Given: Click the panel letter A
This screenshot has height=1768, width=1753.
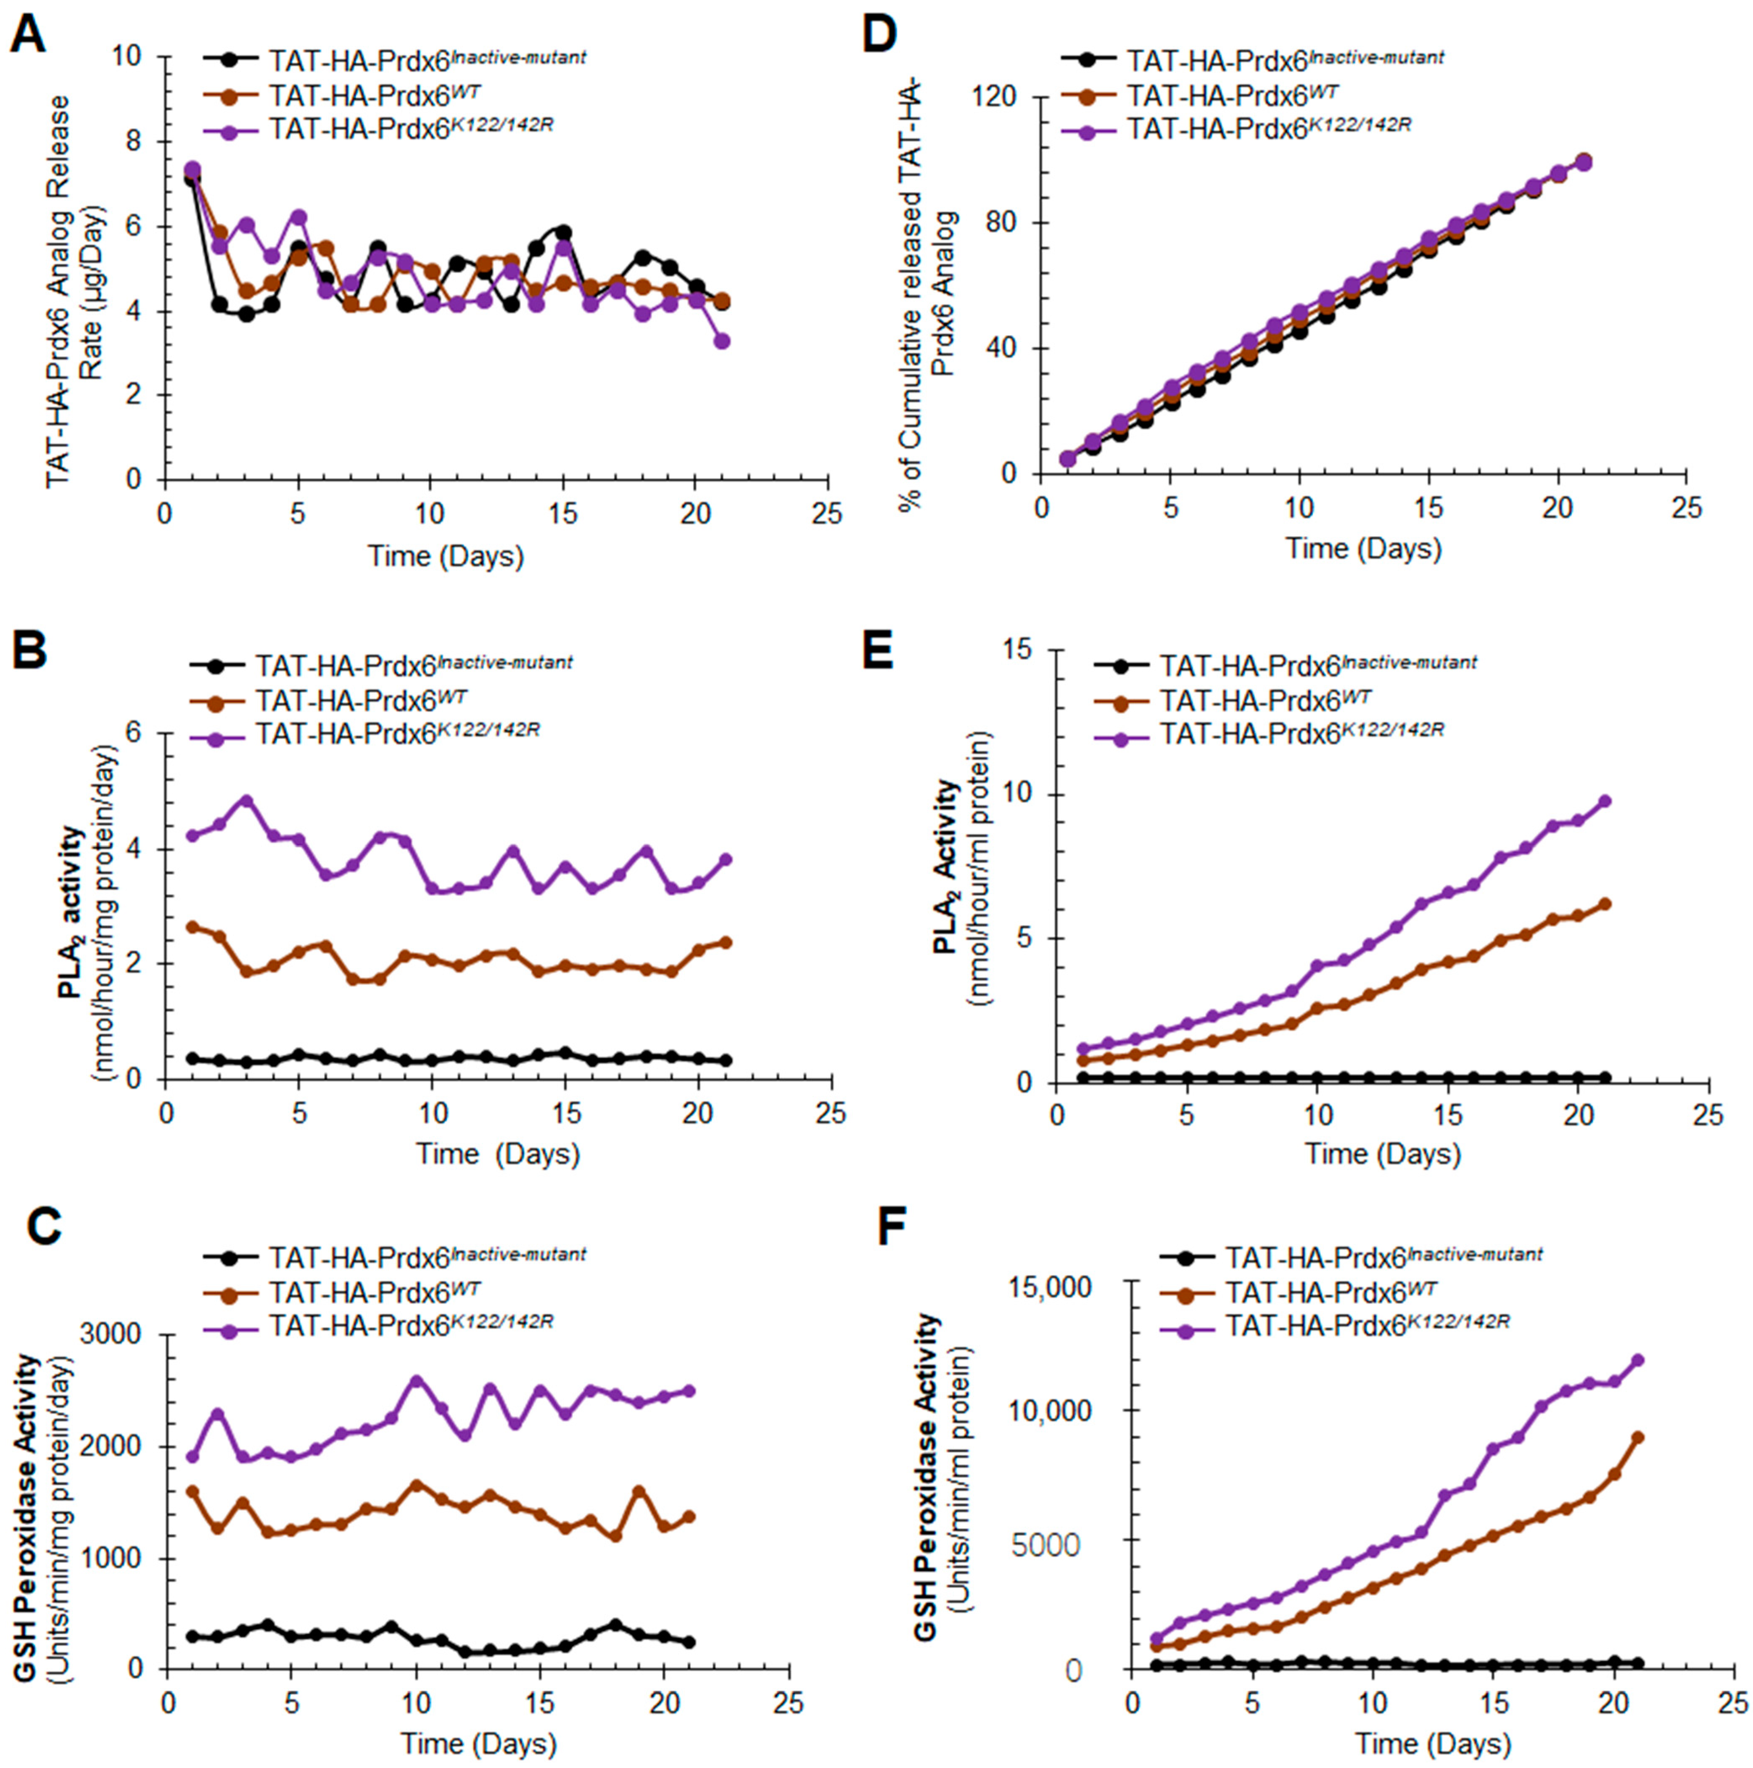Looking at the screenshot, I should pos(27,35).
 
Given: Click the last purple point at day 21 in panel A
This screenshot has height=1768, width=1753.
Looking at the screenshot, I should pos(722,341).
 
